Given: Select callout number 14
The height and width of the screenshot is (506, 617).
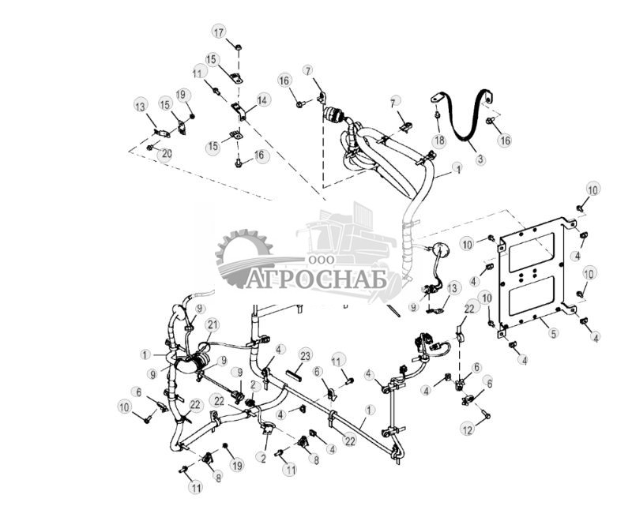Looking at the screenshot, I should point(262,100).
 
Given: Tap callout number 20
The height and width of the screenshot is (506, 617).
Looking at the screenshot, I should point(166,154).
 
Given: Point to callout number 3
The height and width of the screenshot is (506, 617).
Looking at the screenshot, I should point(480,159).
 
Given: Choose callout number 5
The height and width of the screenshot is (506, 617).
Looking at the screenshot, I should point(553,334).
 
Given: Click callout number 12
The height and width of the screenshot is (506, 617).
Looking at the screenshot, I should point(468,429).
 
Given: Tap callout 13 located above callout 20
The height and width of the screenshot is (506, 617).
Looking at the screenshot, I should point(141,107).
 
